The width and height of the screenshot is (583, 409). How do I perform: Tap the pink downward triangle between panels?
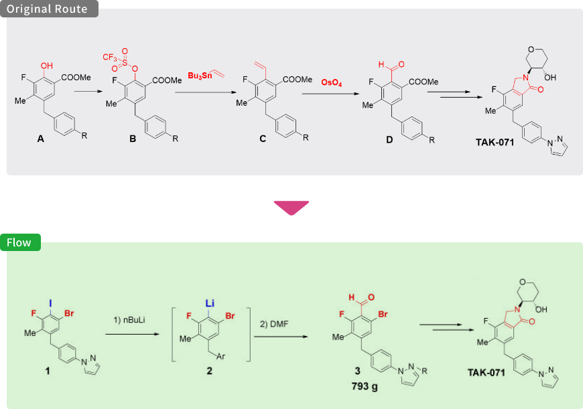coord(291,208)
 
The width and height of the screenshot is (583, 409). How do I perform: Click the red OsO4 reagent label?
coord(331,83)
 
